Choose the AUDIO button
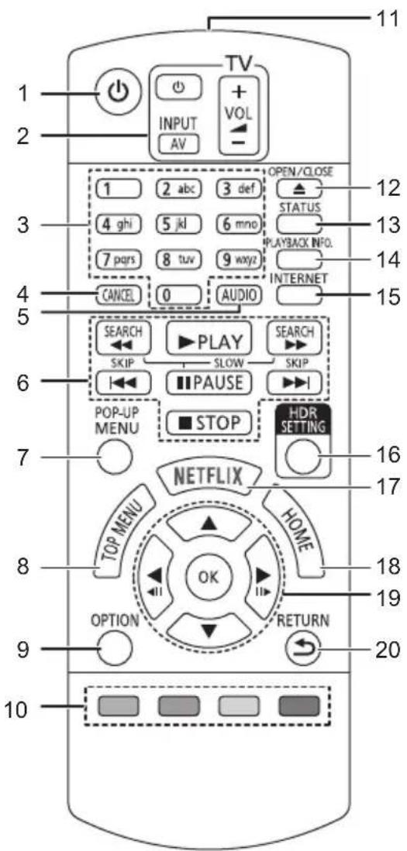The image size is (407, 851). (239, 295)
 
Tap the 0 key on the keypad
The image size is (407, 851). (177, 296)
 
